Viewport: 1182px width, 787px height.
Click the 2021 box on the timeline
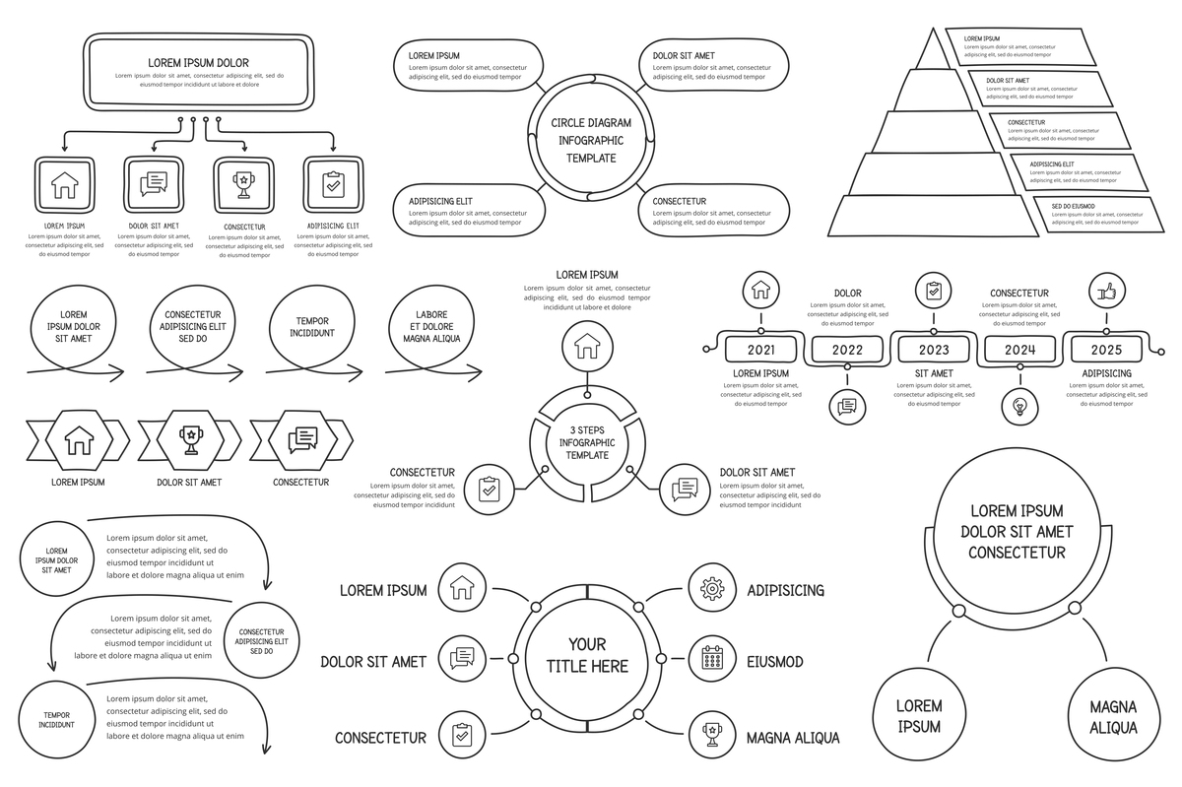pos(760,350)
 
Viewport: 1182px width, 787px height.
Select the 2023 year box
pos(934,350)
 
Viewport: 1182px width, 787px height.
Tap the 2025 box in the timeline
pos(1106,350)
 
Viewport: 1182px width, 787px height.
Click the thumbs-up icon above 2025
pos(1106,292)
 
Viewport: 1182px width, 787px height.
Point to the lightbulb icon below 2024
pos(1019,406)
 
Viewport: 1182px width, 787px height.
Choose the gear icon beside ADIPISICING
pos(709,589)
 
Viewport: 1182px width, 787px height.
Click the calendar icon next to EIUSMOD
pos(709,660)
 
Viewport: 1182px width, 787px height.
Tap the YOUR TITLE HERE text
pos(587,656)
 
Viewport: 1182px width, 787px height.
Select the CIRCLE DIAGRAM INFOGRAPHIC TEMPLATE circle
pos(591,140)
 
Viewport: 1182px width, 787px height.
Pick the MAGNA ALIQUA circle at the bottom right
pos(1113,716)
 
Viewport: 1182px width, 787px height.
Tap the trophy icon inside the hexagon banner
pos(191,437)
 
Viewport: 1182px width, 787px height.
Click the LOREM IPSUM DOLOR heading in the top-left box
pos(199,62)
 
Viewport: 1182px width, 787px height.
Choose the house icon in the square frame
pos(65,184)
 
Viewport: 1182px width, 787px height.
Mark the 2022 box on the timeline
pos(847,350)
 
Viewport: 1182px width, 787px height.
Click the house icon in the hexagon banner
pos(78,439)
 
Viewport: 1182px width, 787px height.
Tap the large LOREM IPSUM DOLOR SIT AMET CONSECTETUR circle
pos(1017,531)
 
